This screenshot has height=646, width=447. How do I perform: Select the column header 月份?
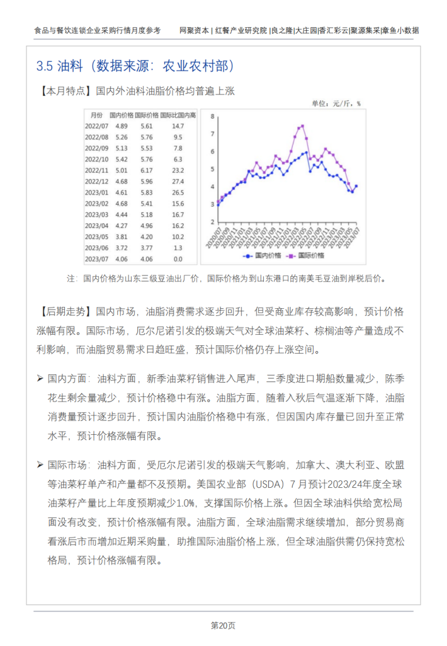click(x=96, y=115)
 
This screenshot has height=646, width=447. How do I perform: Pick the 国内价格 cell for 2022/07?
click(x=122, y=126)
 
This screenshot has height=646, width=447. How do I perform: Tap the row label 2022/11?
click(x=97, y=170)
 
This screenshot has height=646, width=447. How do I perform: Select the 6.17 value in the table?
click(x=147, y=170)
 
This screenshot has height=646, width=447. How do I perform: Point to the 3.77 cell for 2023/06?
click(x=147, y=248)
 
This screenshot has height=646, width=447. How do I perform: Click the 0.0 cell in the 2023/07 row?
click(x=178, y=258)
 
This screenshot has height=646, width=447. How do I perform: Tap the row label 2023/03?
click(x=97, y=214)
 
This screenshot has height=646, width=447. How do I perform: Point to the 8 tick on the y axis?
click(x=213, y=116)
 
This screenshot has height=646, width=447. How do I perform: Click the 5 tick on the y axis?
click(x=213, y=169)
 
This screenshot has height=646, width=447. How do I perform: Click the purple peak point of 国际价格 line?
click(x=303, y=125)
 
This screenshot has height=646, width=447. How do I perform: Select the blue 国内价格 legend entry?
click(x=257, y=255)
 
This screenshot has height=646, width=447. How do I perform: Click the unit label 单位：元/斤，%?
click(x=336, y=103)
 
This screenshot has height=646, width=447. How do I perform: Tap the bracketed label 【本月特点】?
click(x=65, y=91)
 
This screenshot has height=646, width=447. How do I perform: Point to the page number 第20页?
click(x=223, y=626)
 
